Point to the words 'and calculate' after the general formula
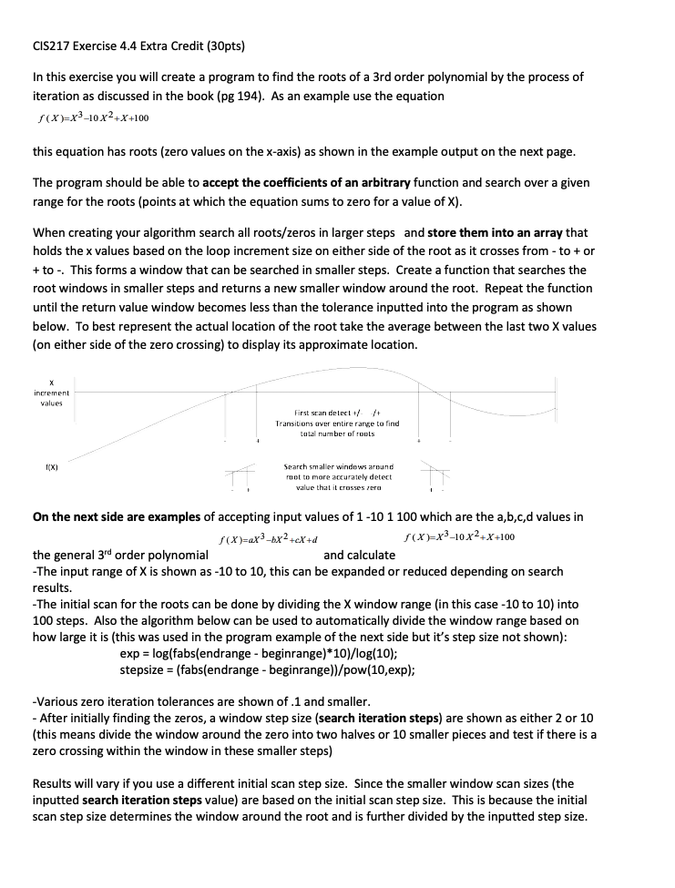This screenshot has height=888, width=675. click(x=359, y=555)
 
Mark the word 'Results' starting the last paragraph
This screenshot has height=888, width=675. click(x=54, y=783)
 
